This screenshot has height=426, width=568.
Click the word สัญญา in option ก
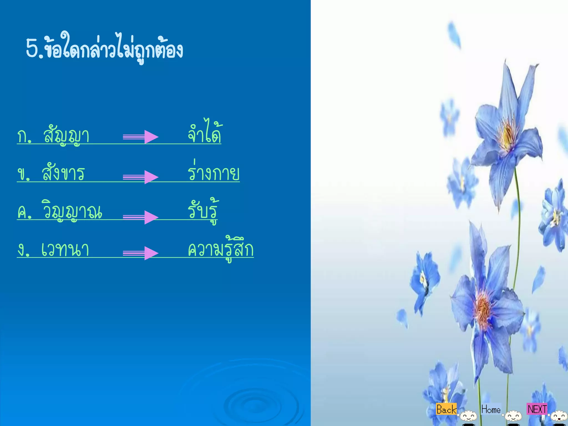[x=66, y=135]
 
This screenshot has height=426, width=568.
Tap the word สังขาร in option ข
[x=63, y=173]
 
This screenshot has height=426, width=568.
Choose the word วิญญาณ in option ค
[x=72, y=211]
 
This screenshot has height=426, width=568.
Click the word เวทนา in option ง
[x=65, y=249]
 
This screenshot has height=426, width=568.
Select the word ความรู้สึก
[x=220, y=249]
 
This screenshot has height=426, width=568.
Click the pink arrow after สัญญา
[x=141, y=137]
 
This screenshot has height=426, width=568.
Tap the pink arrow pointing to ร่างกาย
[x=141, y=177]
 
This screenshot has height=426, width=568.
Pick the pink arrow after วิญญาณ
[x=141, y=217]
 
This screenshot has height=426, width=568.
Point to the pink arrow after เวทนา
[x=141, y=253]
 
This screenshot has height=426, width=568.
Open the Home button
[x=491, y=409]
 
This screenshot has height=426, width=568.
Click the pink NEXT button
[x=537, y=409]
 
